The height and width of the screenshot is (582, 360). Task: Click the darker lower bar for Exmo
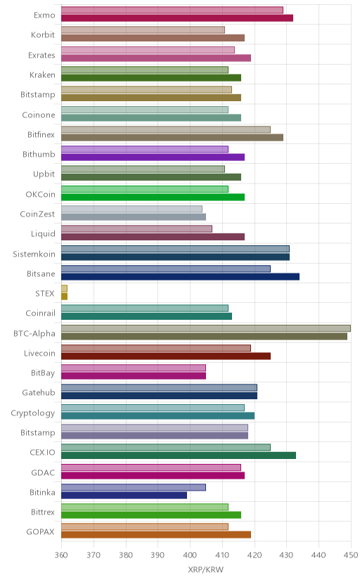coord(177,18)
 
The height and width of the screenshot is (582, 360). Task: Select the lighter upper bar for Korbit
coord(143,30)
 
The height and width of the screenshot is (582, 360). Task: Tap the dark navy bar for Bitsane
coord(181,276)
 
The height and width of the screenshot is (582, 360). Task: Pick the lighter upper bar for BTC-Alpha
coord(206,328)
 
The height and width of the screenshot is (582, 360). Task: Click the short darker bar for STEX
coord(64,296)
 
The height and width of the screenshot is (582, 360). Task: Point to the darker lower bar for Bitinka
coord(124,495)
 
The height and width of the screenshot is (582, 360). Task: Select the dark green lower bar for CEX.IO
coord(179,455)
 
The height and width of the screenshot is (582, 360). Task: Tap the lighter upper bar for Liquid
coord(136,228)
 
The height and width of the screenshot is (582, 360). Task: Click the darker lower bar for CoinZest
coord(134,216)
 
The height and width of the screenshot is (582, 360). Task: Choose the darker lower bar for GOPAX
coord(156,535)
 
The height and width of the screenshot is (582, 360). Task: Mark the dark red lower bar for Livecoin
coord(166,356)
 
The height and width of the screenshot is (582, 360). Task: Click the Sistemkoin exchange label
coord(34,254)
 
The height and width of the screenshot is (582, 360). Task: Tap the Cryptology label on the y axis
coord(32,413)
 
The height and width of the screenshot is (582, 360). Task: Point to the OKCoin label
coord(40,194)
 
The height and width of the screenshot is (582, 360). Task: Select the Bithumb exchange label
coord(39,154)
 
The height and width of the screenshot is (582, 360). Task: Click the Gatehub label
coord(38,392)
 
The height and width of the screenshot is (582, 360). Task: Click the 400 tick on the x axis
coord(190,555)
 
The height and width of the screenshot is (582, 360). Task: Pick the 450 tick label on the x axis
coord(351,555)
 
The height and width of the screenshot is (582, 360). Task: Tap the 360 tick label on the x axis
coord(61,555)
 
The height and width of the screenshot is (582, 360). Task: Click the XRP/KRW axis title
coord(205,570)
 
